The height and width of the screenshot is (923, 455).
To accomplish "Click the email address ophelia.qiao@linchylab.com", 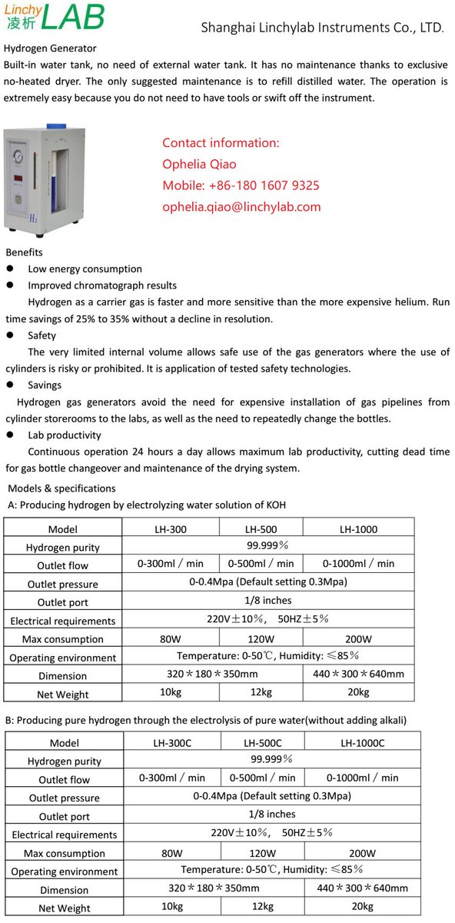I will click(241, 207).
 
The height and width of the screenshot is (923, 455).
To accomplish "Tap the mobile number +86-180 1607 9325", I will click(241, 185).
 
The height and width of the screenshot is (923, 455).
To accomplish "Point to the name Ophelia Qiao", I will click(199, 164).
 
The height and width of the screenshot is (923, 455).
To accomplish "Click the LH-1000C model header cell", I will click(362, 743).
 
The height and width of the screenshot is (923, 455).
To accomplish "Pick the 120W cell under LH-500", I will click(261, 639).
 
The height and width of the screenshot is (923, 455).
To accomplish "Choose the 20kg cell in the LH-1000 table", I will click(358, 692).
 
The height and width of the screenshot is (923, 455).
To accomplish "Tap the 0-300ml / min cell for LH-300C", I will click(172, 778).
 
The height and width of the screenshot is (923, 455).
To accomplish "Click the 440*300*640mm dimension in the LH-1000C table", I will click(362, 888).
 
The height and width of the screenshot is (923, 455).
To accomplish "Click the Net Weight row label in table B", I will click(65, 908).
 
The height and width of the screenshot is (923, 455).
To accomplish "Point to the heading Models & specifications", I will click(61, 488).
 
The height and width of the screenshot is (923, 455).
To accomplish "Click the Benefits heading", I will click(24, 252).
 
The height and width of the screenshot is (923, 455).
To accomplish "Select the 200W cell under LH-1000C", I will click(362, 853).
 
